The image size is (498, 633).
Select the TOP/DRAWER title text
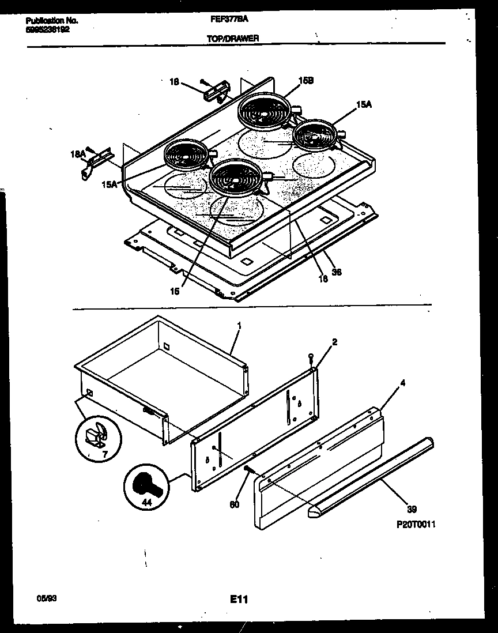pyautogui.click(x=232, y=38)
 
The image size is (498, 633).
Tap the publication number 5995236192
pyautogui.click(x=48, y=28)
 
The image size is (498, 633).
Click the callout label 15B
pyautogui.click(x=305, y=81)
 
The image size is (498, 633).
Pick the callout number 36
pyautogui.click(x=337, y=272)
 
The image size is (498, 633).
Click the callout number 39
pyautogui.click(x=412, y=509)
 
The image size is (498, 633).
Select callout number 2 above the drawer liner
pyautogui.click(x=335, y=342)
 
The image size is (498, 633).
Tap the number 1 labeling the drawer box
pyautogui.click(x=239, y=326)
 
